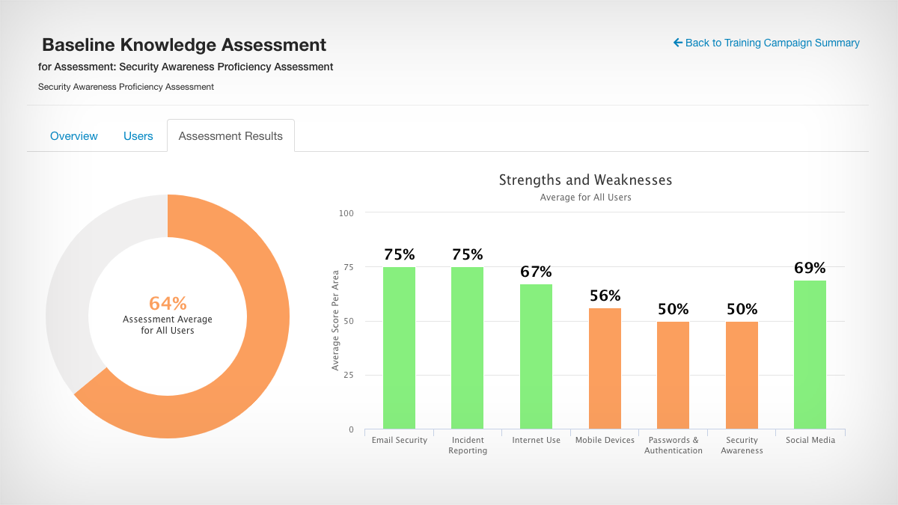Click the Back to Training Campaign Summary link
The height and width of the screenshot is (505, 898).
pyautogui.click(x=766, y=43)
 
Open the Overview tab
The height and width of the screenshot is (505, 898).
pyautogui.click(x=74, y=136)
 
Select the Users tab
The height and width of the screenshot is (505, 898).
pyautogui.click(x=138, y=136)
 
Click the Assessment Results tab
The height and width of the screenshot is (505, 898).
pyautogui.click(x=230, y=136)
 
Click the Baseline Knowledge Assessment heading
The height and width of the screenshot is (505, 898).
pyautogui.click(x=184, y=45)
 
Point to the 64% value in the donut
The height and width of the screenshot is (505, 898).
pyautogui.click(x=168, y=303)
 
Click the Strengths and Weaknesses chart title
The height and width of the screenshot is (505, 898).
pyautogui.click(x=585, y=180)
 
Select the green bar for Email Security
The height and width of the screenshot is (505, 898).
pyautogui.click(x=399, y=348)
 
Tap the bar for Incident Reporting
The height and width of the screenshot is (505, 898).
pyautogui.click(x=467, y=348)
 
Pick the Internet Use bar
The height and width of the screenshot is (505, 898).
pyautogui.click(x=536, y=357)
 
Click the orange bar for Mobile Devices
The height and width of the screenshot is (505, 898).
pyautogui.click(x=605, y=369)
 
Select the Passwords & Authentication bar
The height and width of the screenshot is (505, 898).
pyautogui.click(x=673, y=376)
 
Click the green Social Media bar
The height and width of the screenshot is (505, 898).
pyautogui.click(x=810, y=355)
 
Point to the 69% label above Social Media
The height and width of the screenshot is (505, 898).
pyautogui.click(x=810, y=268)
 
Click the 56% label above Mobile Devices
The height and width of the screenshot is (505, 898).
pyautogui.click(x=605, y=296)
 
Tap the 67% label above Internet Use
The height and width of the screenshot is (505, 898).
pyautogui.click(x=536, y=272)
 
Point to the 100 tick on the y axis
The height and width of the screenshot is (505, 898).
pyautogui.click(x=346, y=213)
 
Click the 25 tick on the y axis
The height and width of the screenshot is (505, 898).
pyautogui.click(x=348, y=376)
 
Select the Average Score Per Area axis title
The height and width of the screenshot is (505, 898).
pyautogui.click(x=335, y=321)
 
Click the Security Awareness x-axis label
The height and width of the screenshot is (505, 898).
pyautogui.click(x=742, y=445)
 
